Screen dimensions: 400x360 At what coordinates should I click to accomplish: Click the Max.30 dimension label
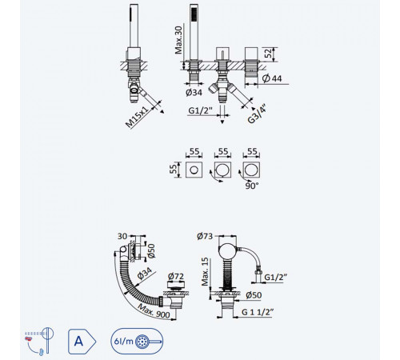coord(179,40)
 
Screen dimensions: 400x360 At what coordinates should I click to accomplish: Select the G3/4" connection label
coord(257,114)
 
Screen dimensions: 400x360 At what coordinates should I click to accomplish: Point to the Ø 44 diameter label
coord(271,78)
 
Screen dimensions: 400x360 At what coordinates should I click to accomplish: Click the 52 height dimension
coord(269,53)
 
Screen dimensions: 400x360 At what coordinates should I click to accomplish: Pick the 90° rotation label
coord(252,186)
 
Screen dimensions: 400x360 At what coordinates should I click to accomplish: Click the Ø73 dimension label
coord(205,236)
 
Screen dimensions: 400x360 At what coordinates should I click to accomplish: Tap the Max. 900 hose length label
coord(154,311)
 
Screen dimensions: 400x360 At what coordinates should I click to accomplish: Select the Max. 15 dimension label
coord(205,271)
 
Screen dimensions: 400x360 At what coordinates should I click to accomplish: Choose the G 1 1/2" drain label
coord(258,311)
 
